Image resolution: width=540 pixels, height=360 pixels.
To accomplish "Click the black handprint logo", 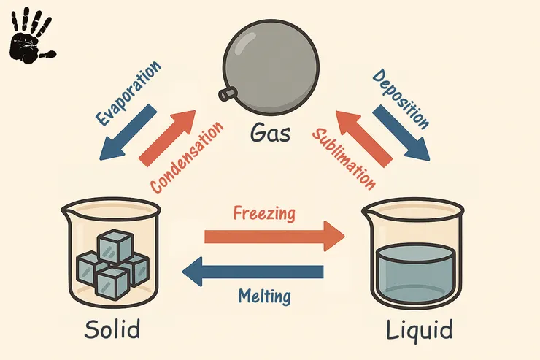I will pos(31,34).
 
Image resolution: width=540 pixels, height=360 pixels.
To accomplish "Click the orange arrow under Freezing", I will pos(273,237).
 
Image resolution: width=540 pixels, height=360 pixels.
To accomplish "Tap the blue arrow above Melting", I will pos(252,272).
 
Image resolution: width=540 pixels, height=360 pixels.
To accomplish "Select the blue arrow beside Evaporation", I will pos(128,131).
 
